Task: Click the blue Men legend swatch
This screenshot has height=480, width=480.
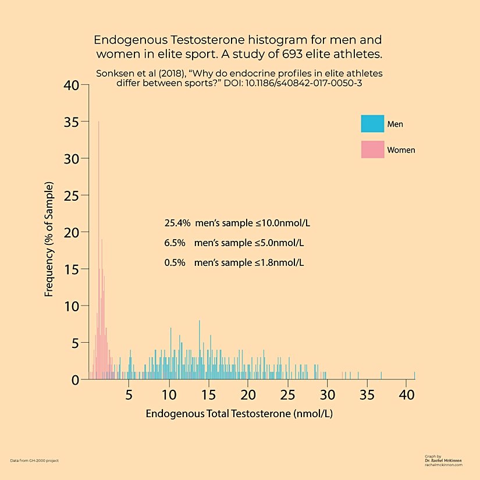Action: pyautogui.click(x=372, y=124)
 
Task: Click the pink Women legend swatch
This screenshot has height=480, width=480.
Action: pyautogui.click(x=372, y=150)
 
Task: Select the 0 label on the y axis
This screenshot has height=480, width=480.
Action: pyautogui.click(x=76, y=379)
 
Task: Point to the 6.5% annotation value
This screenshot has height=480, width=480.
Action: pyautogui.click(x=175, y=243)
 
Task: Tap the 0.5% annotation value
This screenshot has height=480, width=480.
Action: pyautogui.click(x=175, y=262)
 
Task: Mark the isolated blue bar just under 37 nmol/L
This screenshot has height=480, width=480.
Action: pyautogui.click(x=381, y=375)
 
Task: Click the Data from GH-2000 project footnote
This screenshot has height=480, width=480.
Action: pyautogui.click(x=34, y=460)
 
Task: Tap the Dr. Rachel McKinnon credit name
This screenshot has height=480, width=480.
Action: pyautogui.click(x=443, y=460)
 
